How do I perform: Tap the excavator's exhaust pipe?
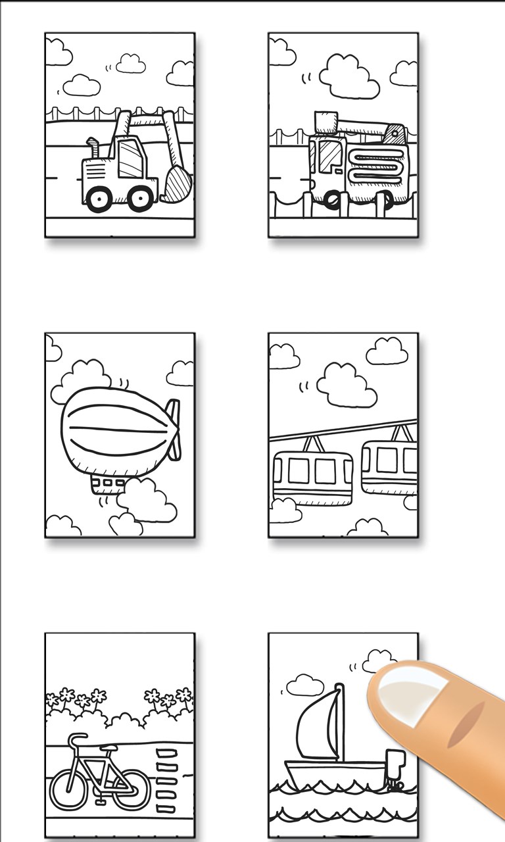pos(93,147)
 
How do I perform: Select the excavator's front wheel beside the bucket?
pos(141,197)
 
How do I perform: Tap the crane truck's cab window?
pos(329,157)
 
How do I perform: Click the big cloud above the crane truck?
pos(349,76)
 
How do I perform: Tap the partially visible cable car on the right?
pos(390,467)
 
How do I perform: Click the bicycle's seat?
pos(76,739)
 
